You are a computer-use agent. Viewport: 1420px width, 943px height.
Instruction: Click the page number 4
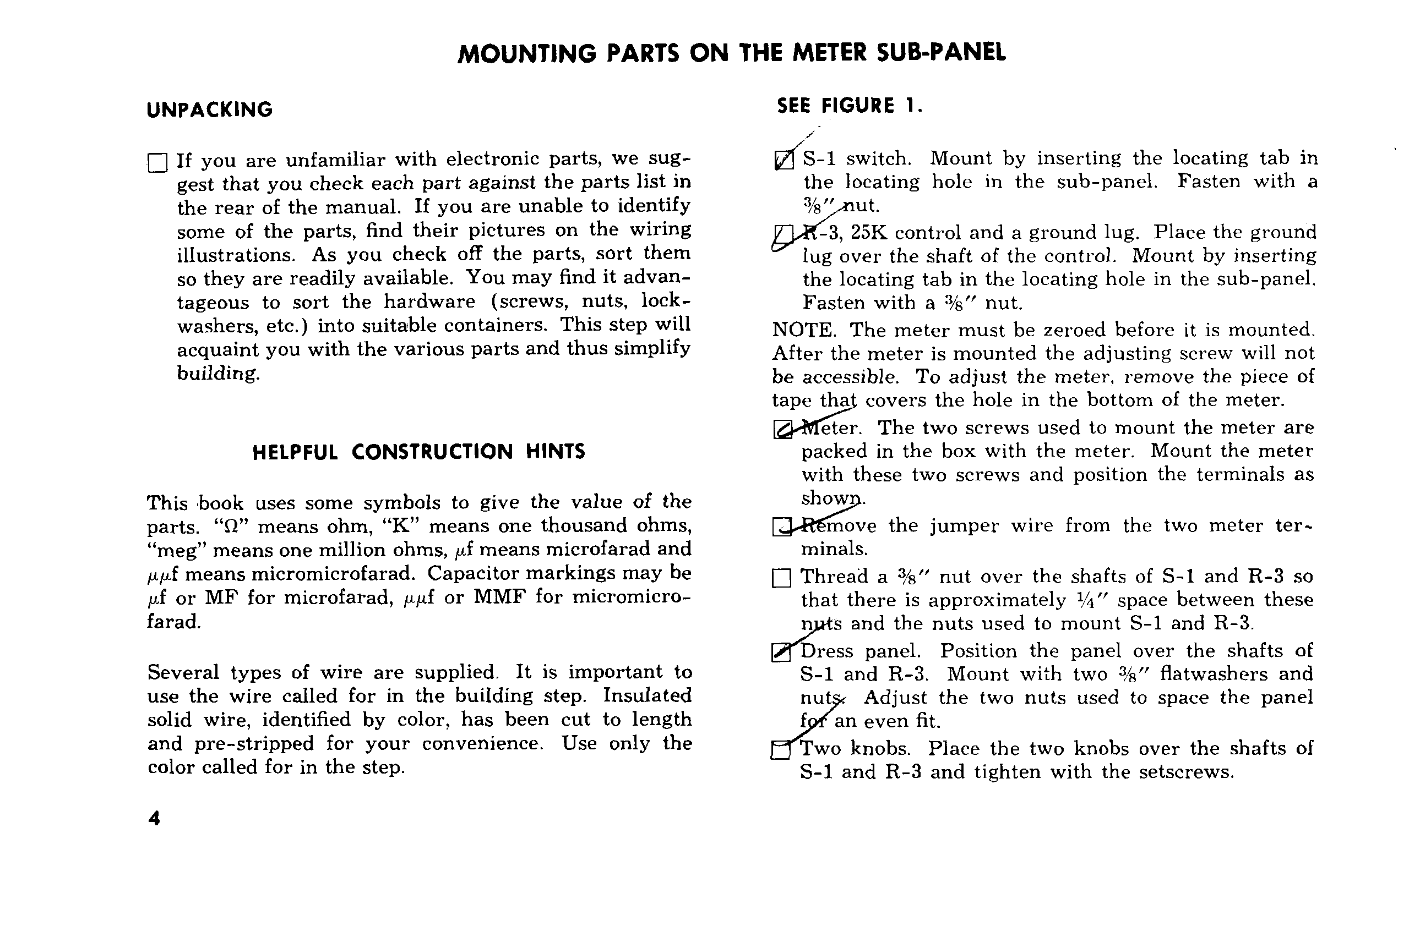tap(154, 819)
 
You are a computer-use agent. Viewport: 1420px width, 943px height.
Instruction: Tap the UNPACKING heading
tap(209, 110)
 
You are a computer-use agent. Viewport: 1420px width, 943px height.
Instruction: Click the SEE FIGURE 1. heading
tap(849, 106)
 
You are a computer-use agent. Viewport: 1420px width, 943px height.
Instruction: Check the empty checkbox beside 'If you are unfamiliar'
tap(157, 163)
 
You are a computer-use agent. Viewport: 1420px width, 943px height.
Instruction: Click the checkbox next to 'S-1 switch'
tap(784, 160)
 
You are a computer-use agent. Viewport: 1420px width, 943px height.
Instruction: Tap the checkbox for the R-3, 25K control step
tap(783, 234)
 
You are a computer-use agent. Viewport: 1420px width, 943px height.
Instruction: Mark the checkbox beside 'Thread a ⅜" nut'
tap(781, 578)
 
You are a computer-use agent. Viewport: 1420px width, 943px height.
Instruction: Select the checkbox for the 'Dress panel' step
tap(780, 653)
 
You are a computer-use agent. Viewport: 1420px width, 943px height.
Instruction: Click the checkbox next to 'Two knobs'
tap(780, 750)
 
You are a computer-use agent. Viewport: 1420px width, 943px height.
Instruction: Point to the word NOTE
tap(803, 330)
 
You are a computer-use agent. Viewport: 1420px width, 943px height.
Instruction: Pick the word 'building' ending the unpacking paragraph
tap(218, 374)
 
